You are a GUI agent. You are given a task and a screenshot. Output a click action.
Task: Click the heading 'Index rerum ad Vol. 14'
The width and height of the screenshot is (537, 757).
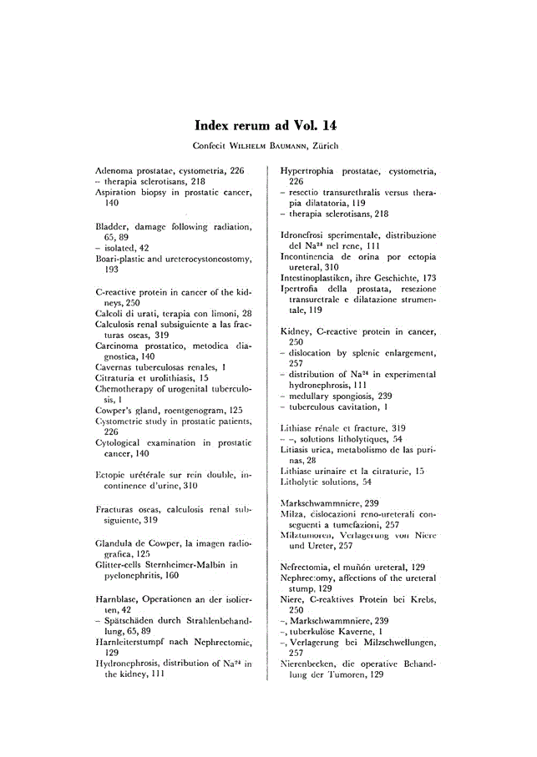pyautogui.click(x=265, y=126)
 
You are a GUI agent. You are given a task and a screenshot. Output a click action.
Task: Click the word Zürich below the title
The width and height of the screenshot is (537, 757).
pyautogui.click(x=322, y=147)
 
